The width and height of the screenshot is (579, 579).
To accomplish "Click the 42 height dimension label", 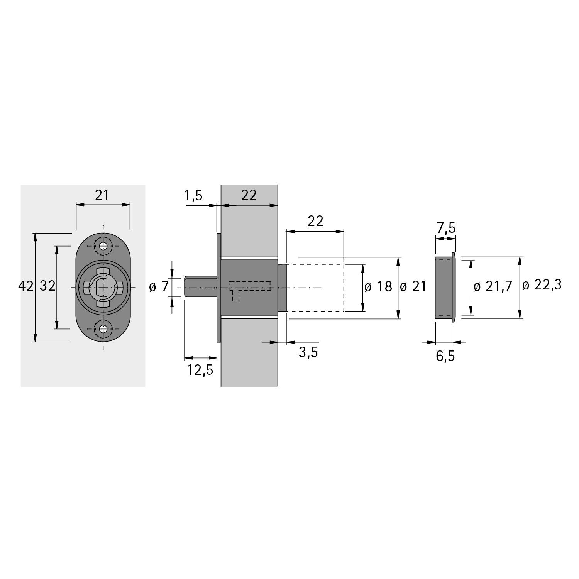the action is click(x=26, y=286).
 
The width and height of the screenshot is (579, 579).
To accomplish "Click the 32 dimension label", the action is click(x=48, y=286).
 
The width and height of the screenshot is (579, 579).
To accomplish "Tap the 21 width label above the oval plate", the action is click(x=102, y=195).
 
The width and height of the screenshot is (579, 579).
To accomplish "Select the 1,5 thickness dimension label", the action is click(x=193, y=196).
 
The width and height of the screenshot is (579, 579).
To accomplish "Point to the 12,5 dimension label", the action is click(x=200, y=370).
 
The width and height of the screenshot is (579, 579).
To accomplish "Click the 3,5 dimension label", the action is click(x=308, y=352).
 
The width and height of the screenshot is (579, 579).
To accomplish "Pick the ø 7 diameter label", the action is click(x=159, y=287).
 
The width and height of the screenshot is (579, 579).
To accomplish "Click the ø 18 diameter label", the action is click(x=378, y=287).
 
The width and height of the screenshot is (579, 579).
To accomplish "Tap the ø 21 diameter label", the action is click(x=413, y=287).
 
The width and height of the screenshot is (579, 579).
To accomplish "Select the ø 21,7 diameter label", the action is click(x=493, y=287).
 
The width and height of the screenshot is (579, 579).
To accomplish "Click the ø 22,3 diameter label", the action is click(x=542, y=286).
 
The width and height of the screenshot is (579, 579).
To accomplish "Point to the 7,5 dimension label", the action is click(x=446, y=229).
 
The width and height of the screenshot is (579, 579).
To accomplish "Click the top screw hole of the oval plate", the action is click(x=103, y=246).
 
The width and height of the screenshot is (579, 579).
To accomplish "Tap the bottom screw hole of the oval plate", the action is click(x=103, y=329).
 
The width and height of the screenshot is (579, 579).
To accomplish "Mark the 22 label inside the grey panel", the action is click(x=249, y=195).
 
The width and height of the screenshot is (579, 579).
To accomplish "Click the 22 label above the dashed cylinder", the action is click(x=315, y=221).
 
